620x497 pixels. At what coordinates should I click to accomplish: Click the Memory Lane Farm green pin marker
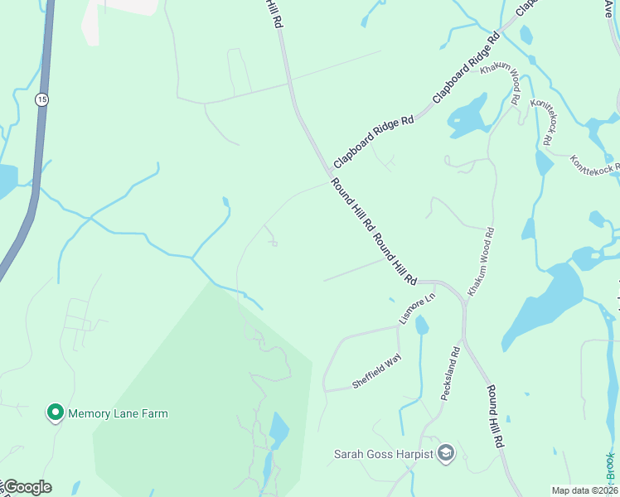click(x=56, y=412)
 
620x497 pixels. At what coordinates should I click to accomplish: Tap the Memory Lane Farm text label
click(x=118, y=413)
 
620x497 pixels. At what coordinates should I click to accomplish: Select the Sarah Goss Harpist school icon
click(x=446, y=452)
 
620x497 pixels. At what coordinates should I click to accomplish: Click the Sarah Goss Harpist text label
click(x=383, y=454)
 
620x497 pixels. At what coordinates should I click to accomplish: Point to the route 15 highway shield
click(x=41, y=99)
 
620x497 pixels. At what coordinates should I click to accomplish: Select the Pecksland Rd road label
click(x=450, y=374)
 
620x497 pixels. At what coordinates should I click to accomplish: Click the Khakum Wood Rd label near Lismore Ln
click(x=481, y=263)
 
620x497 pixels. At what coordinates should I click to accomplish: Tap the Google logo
click(x=27, y=487)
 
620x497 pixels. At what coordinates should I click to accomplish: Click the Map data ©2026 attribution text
click(x=584, y=490)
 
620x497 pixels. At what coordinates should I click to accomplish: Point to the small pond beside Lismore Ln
click(x=422, y=325)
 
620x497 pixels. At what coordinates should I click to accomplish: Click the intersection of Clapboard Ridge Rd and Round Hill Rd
click(x=327, y=170)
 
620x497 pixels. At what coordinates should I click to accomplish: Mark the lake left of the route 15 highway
click(x=7, y=181)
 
